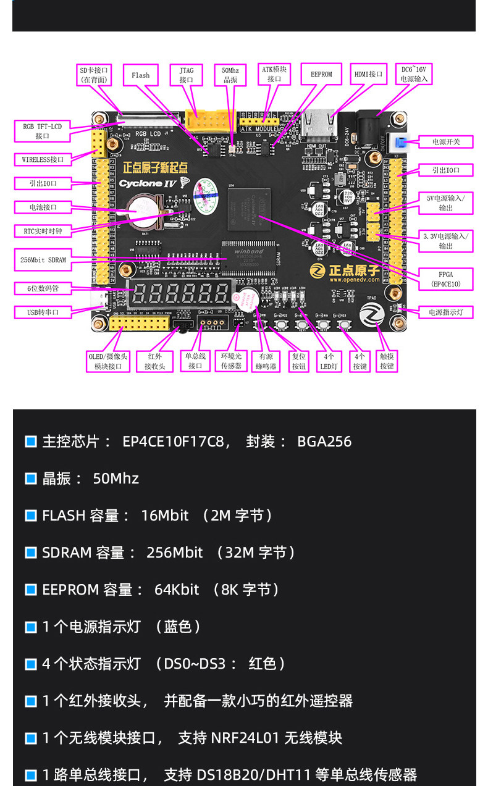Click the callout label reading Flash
click(140, 75)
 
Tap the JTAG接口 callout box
click(187, 75)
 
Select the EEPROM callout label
click(321, 74)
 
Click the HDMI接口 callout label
click(368, 74)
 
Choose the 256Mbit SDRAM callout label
click(43, 260)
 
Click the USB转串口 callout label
click(43, 312)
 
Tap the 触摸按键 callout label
click(387, 361)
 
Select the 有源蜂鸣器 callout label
click(266, 361)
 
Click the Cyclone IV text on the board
click(148, 183)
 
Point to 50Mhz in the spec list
click(116, 479)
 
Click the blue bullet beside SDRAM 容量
click(31, 553)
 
